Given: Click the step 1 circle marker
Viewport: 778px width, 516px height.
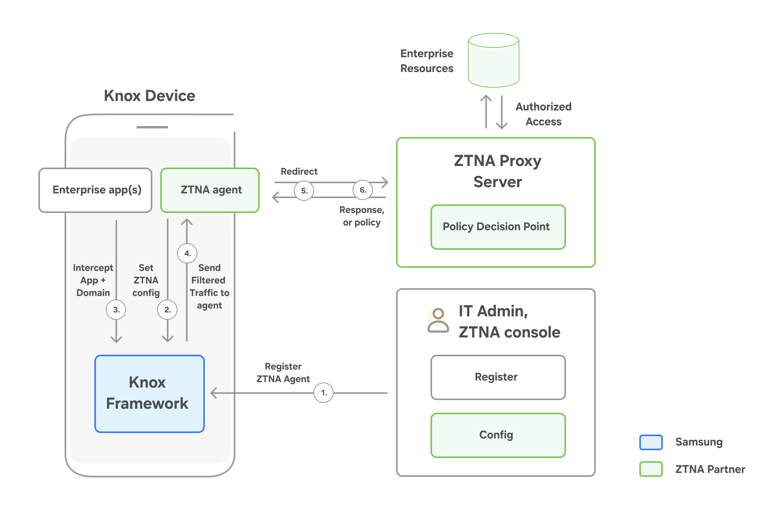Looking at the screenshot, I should pyautogui.click(x=324, y=393).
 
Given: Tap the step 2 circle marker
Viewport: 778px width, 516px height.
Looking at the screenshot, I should pyautogui.click(x=167, y=310).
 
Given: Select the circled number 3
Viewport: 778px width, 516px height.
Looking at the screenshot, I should pyautogui.click(x=116, y=310).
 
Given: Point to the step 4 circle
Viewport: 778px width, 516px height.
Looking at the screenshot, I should pyautogui.click(x=187, y=253).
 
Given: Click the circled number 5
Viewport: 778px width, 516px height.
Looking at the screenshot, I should pyautogui.click(x=304, y=191).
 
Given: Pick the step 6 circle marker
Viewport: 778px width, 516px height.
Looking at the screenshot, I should pyautogui.click(x=363, y=190).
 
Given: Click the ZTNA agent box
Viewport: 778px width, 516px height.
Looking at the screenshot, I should pyautogui.click(x=210, y=190).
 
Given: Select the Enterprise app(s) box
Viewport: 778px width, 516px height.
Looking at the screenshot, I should pyautogui.click(x=96, y=190).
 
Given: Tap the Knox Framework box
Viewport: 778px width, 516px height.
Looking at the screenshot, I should pyautogui.click(x=150, y=393).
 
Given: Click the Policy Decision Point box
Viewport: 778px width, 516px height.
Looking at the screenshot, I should pyautogui.click(x=498, y=227).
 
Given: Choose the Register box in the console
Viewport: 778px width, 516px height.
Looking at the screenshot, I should pyautogui.click(x=498, y=377).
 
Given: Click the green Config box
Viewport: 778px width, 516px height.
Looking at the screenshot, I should pyautogui.click(x=498, y=435).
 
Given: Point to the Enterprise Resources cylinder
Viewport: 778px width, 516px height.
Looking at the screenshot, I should pyautogui.click(x=494, y=60).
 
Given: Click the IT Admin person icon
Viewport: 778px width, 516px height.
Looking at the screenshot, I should pyautogui.click(x=438, y=320).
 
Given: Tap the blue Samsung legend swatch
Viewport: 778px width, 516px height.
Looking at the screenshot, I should pyautogui.click(x=651, y=442).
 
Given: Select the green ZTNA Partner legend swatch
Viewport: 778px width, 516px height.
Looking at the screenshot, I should pyautogui.click(x=651, y=469).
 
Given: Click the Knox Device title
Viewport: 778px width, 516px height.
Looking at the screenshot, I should pyautogui.click(x=149, y=96).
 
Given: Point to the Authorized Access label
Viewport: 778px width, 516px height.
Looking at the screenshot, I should pyautogui.click(x=543, y=114).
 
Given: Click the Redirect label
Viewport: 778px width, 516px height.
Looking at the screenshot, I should pyautogui.click(x=299, y=171).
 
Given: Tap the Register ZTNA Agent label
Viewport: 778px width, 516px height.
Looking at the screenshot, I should pyautogui.click(x=283, y=373).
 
